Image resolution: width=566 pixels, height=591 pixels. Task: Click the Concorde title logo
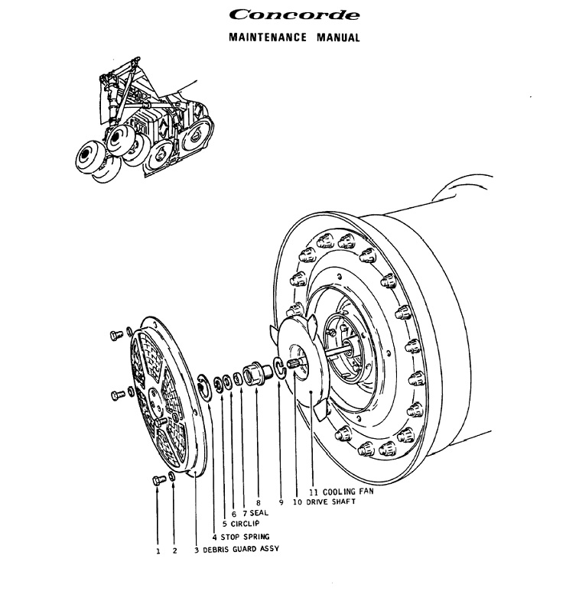pos(283,14)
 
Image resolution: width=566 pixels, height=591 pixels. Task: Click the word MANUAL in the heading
pos(338,37)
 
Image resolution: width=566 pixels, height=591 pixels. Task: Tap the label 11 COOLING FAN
pos(341,491)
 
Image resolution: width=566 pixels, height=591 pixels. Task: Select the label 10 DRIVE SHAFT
pos(324,502)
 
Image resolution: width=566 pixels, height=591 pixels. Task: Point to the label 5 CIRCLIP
pos(241,524)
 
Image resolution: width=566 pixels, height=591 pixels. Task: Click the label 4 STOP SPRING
pos(240,537)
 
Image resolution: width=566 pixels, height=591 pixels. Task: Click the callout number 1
pos(158,550)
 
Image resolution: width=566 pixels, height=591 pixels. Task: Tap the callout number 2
pos(174,550)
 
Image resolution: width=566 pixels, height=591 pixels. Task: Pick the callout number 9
pos(281,502)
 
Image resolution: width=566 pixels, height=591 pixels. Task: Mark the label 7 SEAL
pos(255,513)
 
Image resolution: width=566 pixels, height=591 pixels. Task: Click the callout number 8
pos(258,502)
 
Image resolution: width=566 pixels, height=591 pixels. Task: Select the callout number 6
pos(233,513)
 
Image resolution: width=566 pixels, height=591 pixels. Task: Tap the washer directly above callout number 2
pos(173,478)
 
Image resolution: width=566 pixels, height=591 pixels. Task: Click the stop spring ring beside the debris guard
pos(205,385)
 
